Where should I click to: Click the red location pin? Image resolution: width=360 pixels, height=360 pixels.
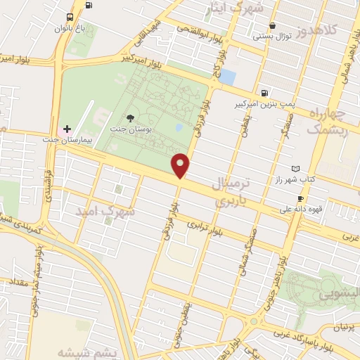[x=181, y=165]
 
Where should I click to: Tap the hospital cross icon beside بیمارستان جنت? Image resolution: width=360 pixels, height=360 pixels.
[x=67, y=129]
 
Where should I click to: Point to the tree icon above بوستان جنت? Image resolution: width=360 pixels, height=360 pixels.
[x=129, y=118]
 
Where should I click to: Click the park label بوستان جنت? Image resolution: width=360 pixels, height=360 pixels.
[x=129, y=129]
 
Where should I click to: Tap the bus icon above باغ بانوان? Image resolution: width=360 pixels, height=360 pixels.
[x=70, y=18]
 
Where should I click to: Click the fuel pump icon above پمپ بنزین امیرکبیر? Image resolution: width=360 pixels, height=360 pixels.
[x=264, y=92]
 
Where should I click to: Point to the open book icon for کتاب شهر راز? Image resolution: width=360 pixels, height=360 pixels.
[x=295, y=169]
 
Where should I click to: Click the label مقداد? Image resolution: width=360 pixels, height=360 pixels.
[x=18, y=282]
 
